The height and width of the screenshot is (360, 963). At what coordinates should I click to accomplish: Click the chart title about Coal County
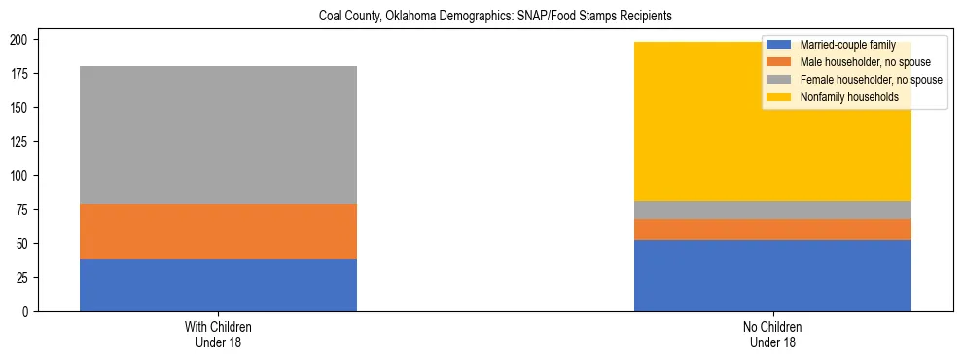pos(495,17)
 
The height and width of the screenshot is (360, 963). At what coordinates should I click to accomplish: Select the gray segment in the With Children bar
pos(218,135)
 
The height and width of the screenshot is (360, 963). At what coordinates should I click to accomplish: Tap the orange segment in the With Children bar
pos(218,232)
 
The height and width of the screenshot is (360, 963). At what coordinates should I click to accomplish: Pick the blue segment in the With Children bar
pos(218,285)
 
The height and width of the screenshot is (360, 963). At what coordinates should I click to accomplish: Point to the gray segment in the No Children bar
pos(772,210)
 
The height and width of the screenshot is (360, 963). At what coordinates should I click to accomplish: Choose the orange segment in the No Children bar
pos(772,230)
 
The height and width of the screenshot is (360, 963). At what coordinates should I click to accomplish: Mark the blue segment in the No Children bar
pos(772,275)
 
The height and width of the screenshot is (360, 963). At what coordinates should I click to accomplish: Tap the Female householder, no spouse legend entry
pos(862,80)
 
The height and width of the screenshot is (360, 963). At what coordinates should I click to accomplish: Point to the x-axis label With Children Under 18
pos(218,334)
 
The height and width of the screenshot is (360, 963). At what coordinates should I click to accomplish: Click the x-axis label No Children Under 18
pos(772,334)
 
